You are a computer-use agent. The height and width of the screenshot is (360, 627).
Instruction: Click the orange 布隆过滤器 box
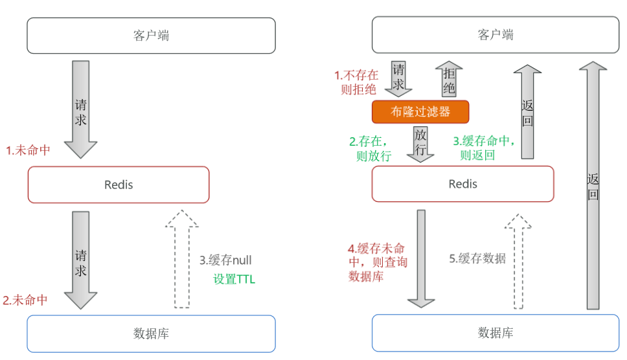click(420, 111)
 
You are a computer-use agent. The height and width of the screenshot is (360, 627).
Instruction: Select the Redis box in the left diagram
click(119, 185)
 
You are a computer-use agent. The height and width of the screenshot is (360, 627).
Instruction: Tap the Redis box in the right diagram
click(462, 184)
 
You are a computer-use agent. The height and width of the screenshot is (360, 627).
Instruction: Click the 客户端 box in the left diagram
click(151, 36)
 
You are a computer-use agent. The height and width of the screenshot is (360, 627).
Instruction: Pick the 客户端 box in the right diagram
click(496, 35)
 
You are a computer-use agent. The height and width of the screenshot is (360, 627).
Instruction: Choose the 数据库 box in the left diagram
click(151, 333)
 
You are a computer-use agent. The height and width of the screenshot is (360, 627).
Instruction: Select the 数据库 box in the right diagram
click(496, 333)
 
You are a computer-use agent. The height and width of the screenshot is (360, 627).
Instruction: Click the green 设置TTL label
click(234, 279)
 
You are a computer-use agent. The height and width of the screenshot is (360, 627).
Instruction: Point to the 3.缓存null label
click(225, 260)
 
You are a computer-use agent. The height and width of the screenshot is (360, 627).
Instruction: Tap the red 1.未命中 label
click(28, 150)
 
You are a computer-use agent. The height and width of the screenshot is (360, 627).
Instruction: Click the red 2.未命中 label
click(25, 300)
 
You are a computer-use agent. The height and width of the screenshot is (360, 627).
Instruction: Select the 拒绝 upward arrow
click(449, 79)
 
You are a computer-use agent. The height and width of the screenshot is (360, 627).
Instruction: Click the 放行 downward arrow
click(420, 144)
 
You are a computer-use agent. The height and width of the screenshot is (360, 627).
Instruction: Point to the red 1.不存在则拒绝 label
click(356, 82)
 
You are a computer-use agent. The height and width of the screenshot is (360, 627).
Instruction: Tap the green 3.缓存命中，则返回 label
click(484, 148)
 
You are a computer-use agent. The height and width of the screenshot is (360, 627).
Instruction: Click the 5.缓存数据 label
click(477, 258)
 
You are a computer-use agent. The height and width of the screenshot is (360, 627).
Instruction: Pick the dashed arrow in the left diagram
click(182, 259)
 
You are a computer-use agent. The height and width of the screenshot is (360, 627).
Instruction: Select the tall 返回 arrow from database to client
click(593, 185)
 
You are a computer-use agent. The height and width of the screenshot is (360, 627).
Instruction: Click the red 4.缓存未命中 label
click(378, 262)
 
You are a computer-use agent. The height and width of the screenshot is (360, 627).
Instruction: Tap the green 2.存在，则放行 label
click(370, 148)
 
